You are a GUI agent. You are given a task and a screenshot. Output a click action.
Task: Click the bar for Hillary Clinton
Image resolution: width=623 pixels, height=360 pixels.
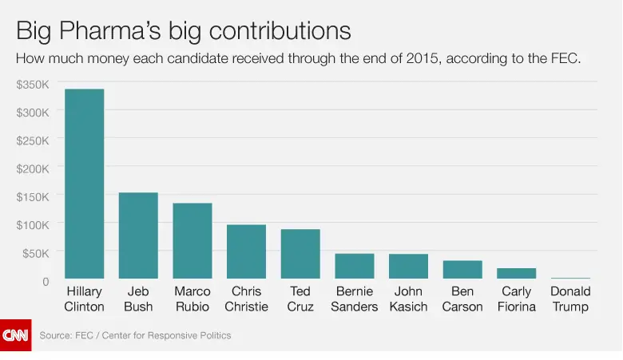coord(84,183)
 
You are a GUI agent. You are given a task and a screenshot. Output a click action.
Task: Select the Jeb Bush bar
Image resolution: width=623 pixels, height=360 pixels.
coord(138,235)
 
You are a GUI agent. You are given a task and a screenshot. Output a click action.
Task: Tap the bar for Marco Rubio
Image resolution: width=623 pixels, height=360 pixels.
coord(192,240)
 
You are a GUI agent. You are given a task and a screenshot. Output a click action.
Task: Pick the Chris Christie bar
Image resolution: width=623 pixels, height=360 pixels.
coord(246,251)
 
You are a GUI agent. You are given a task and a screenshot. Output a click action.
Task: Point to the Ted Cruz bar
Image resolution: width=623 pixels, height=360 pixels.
coord(300,253)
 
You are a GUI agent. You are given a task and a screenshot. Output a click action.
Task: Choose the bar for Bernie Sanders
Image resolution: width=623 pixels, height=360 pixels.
coord(355,265)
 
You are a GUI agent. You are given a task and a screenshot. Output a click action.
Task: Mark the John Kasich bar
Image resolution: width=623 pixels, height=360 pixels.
coord(409,266)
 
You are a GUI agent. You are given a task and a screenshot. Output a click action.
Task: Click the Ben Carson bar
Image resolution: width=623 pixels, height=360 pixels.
coord(462,269)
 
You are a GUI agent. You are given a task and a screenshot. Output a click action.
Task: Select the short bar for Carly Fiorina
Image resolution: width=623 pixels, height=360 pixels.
coord(517,273)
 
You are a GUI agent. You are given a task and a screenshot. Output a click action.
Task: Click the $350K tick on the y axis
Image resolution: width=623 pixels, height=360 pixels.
coord(33,84)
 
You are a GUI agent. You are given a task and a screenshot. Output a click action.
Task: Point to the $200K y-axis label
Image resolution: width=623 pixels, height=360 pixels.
coord(33,168)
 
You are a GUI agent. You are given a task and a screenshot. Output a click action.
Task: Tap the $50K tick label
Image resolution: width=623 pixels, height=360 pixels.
coord(35,253)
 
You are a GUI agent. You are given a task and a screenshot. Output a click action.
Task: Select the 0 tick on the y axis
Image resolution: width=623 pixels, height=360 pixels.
coord(46,281)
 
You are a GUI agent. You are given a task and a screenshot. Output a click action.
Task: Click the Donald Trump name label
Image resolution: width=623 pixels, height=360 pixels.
coord(570,299)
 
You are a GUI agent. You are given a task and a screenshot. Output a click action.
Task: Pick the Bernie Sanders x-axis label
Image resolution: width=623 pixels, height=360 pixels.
coord(355,299)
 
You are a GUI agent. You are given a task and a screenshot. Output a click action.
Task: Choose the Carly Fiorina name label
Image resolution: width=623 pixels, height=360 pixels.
coord(517,299)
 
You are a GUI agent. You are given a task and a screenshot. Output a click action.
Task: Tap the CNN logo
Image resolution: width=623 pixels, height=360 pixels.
coord(15,335)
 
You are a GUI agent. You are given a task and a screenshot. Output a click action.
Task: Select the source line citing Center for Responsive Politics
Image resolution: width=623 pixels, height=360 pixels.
coord(135,335)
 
